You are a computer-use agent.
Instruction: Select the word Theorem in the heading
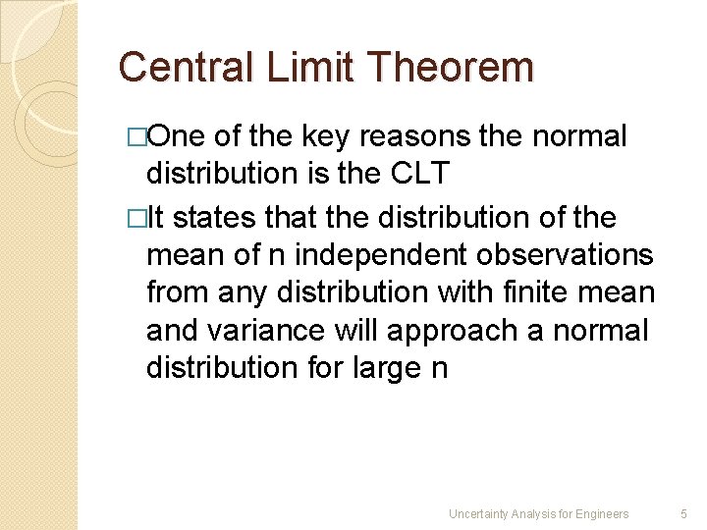450,68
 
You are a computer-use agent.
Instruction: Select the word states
213,218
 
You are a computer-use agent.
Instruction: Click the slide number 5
684,513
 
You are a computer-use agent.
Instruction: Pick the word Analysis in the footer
539,513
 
